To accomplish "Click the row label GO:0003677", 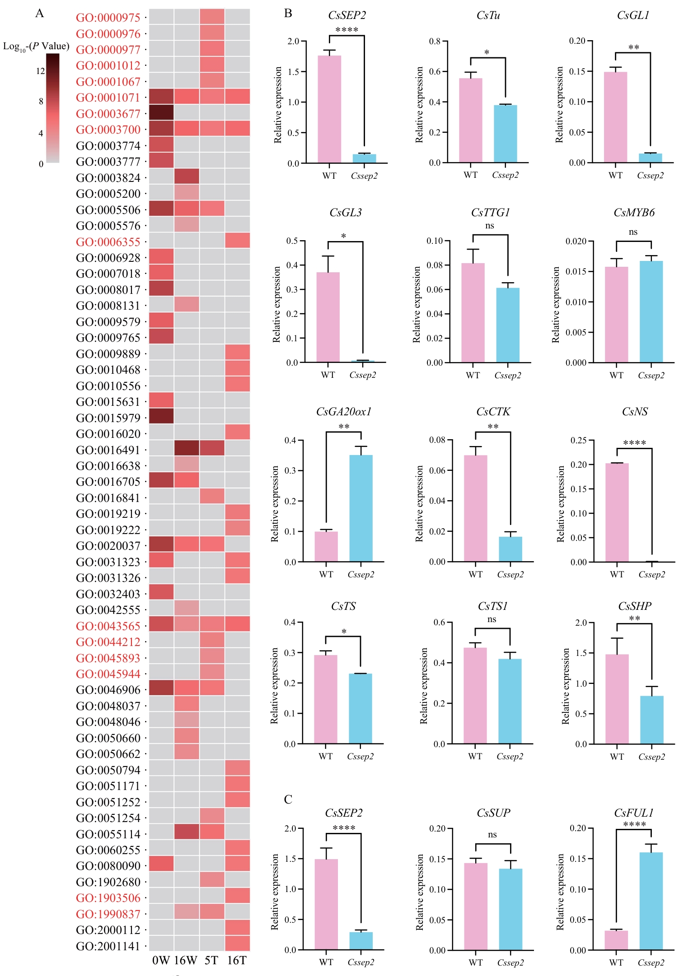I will coord(108,113).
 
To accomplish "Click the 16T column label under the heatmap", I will coord(237,960).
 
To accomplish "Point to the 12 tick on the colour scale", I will coord(41,71).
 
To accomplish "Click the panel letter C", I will coord(288,799).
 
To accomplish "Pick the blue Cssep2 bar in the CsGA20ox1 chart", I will coord(361,508).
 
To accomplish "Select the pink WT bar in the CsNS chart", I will coord(617,512).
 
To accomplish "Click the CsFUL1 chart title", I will coord(633,813).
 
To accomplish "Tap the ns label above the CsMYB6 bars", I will coord(633,232).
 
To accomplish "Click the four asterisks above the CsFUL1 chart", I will coord(634,824).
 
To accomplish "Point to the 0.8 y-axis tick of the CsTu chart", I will coord(435,41).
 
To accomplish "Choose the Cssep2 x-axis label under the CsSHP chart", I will coord(651,757).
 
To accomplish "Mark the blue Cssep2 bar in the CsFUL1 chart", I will coord(651,901).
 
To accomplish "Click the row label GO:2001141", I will coord(108,946).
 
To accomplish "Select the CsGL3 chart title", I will coord(346,212).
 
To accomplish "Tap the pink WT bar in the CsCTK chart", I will coord(475,508).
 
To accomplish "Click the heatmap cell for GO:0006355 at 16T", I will coord(237,241).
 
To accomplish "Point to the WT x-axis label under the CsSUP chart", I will coord(475,962).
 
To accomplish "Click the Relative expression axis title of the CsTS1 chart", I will coord(424,686).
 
